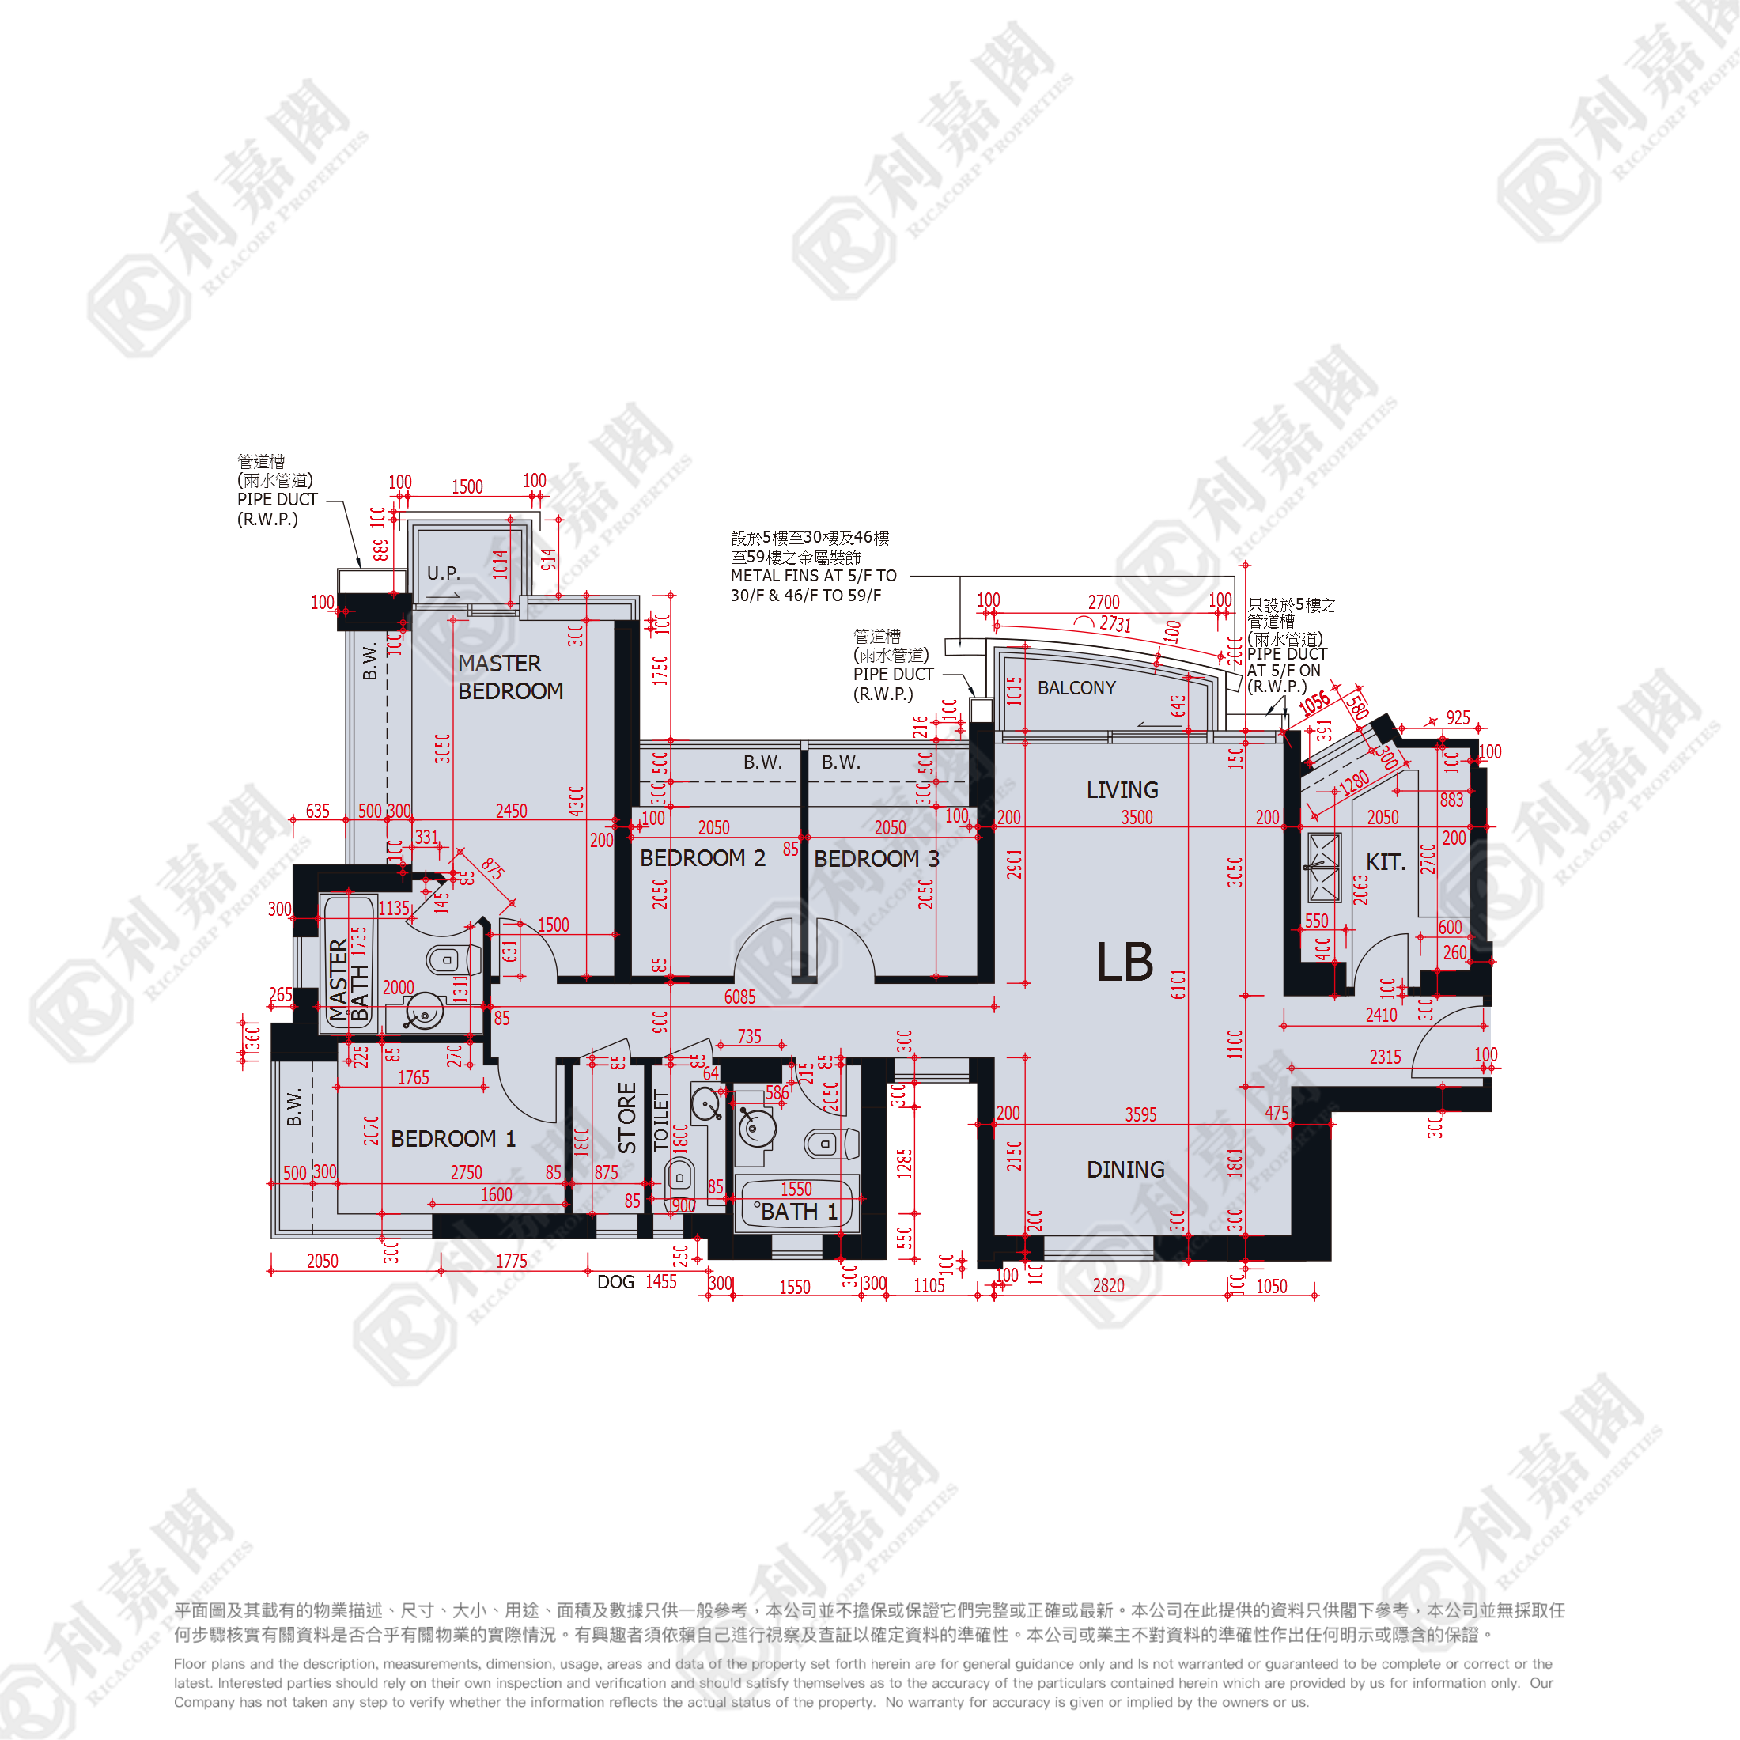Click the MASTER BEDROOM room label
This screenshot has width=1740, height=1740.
(x=510, y=677)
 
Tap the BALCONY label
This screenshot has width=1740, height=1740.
(x=1076, y=688)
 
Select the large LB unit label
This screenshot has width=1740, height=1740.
(x=1125, y=962)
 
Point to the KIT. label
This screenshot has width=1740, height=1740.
(x=1385, y=863)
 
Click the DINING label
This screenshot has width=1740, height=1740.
(x=1125, y=1169)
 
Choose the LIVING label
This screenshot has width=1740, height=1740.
(x=1122, y=790)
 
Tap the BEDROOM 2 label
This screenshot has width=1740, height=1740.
(x=702, y=858)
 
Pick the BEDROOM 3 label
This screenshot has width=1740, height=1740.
(x=876, y=859)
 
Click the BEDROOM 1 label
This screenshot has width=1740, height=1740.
(x=453, y=1139)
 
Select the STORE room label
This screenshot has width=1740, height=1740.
(x=627, y=1118)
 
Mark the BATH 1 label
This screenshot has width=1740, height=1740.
(x=799, y=1212)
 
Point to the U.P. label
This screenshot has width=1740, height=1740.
(x=443, y=573)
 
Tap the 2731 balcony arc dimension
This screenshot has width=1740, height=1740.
(x=1115, y=624)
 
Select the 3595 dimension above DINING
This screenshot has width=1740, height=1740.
(x=1141, y=1115)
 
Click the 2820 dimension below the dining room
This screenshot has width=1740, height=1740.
(x=1109, y=1286)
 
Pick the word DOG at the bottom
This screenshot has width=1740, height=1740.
(x=616, y=1281)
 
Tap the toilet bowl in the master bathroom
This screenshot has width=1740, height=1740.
(x=445, y=960)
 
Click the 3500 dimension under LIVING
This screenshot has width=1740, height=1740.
(x=1137, y=818)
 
